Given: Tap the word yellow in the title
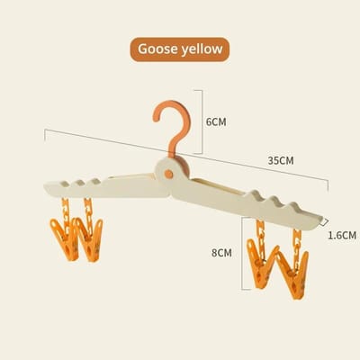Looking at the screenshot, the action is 202,49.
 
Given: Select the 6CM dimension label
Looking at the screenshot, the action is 216,122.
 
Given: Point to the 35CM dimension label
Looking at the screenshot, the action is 281,161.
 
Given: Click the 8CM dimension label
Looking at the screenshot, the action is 221,253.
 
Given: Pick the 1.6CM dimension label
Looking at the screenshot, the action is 342,235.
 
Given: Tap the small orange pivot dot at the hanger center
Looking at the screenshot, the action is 168,174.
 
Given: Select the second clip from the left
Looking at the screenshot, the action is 89,239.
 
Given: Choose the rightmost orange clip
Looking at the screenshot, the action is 294,274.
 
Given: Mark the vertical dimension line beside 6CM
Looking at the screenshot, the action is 202,121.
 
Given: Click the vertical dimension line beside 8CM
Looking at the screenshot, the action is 242,254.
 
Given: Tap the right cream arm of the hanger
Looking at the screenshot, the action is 246,203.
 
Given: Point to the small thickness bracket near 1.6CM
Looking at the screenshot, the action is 324,222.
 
